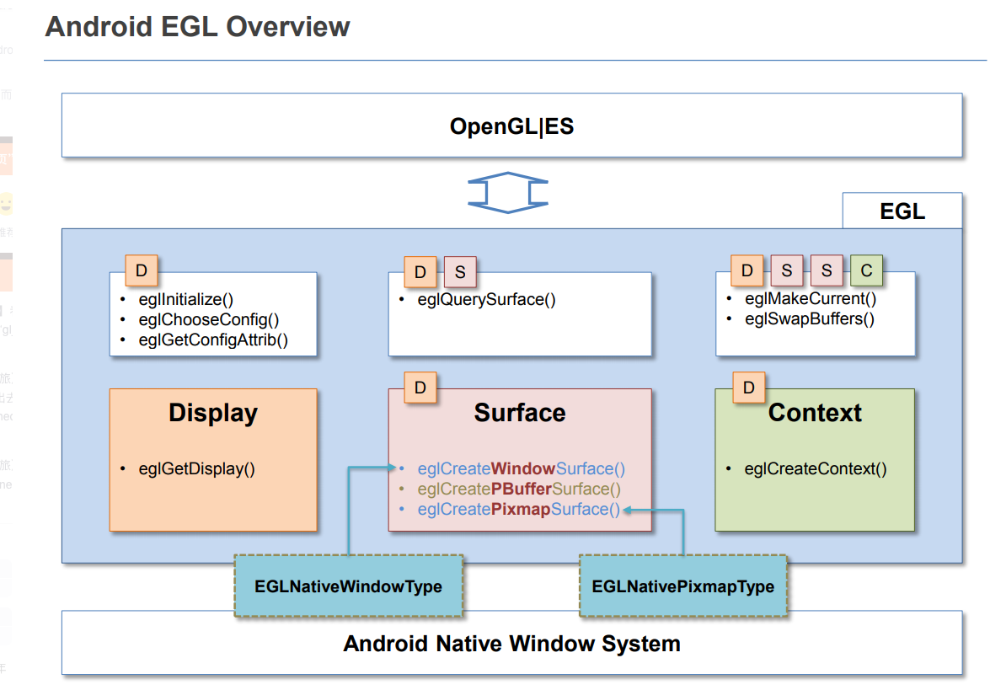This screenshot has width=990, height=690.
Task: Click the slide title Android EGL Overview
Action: coord(197,26)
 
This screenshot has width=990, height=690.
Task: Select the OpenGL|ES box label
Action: coord(511,126)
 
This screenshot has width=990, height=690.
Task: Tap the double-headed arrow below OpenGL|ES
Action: coord(508,192)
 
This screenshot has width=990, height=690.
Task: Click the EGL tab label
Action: coord(902,211)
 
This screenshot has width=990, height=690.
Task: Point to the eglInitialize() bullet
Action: coord(186,299)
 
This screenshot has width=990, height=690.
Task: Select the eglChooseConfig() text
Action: coord(209,319)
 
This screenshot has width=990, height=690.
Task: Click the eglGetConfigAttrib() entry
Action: coord(213,340)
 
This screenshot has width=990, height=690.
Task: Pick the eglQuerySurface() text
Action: coord(486,299)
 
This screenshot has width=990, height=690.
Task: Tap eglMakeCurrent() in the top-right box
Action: coord(811,298)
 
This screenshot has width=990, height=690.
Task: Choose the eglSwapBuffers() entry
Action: coord(810,318)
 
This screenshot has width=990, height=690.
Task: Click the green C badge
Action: coord(866,271)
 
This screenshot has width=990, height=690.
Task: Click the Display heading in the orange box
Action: coord(213,413)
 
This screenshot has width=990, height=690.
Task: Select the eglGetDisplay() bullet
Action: coord(196,469)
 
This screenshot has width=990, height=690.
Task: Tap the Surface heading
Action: coord(520,413)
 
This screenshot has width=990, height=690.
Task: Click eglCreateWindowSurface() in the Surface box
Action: coord(522,468)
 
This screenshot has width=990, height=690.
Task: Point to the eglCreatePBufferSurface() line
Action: coord(519,489)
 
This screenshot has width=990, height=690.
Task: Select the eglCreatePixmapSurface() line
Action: coord(518,509)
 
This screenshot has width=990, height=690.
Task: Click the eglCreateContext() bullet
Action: coord(816,469)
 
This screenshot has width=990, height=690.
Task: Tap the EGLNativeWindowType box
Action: coord(349,586)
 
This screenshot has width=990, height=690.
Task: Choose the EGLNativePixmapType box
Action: coord(683,586)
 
